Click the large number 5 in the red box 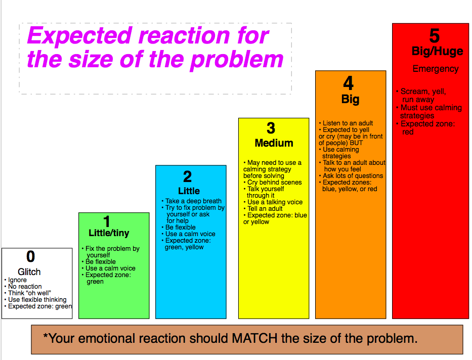click(x=435, y=36)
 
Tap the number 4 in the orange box click(x=348, y=83)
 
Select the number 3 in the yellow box click(x=271, y=128)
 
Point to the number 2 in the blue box click(x=188, y=176)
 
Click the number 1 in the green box click(x=107, y=221)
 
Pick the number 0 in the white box click(x=30, y=256)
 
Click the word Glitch click(x=29, y=272)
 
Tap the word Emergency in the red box click(x=436, y=69)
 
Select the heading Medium click(x=274, y=143)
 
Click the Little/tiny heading click(x=109, y=233)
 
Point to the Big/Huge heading click(x=438, y=52)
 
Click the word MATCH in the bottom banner click(x=254, y=338)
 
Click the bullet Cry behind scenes click(x=273, y=182)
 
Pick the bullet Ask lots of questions click(x=351, y=175)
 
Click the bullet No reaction click(x=23, y=286)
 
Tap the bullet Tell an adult click(x=263, y=208)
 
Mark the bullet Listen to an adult click(x=346, y=123)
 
